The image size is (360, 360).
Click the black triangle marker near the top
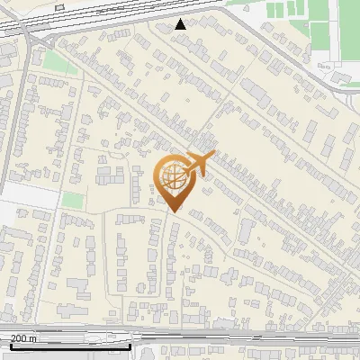181,24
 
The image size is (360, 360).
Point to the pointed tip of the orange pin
174,211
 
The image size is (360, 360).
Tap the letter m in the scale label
34,338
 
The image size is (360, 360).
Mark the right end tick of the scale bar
130,345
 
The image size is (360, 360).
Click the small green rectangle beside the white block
72,200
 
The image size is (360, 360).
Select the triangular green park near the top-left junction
58,62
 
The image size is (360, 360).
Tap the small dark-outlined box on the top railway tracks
60,6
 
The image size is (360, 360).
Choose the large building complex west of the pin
112,171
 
